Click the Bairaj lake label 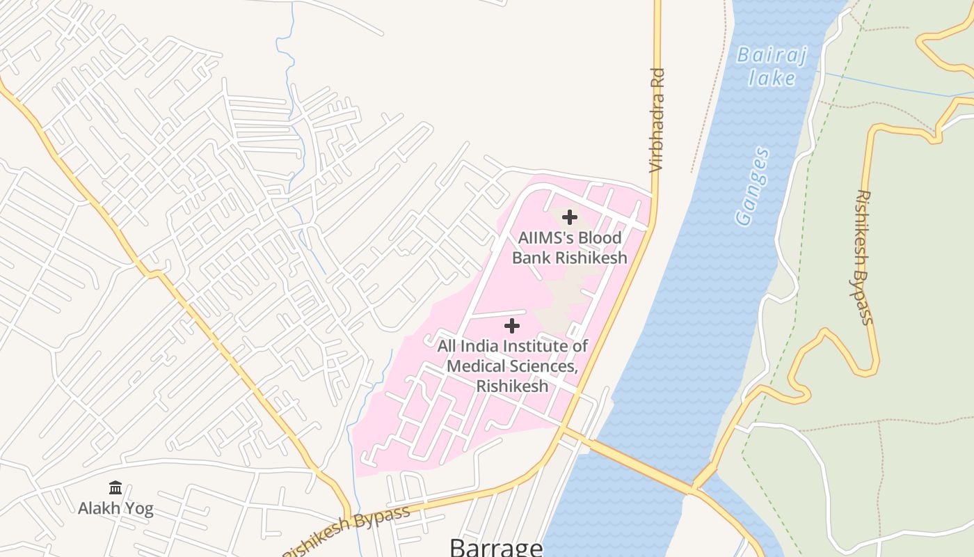(x=772, y=66)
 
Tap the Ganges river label (x=753, y=186)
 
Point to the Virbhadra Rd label (x=657, y=120)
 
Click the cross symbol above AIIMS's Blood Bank (x=569, y=217)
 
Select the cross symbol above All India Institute (x=511, y=326)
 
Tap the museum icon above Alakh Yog (x=115, y=487)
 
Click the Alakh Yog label (x=115, y=508)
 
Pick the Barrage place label (x=496, y=546)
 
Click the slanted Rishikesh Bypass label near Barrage (x=348, y=532)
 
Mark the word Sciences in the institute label (x=543, y=366)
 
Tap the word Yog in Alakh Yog (x=139, y=508)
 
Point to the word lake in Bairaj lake (x=772, y=77)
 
